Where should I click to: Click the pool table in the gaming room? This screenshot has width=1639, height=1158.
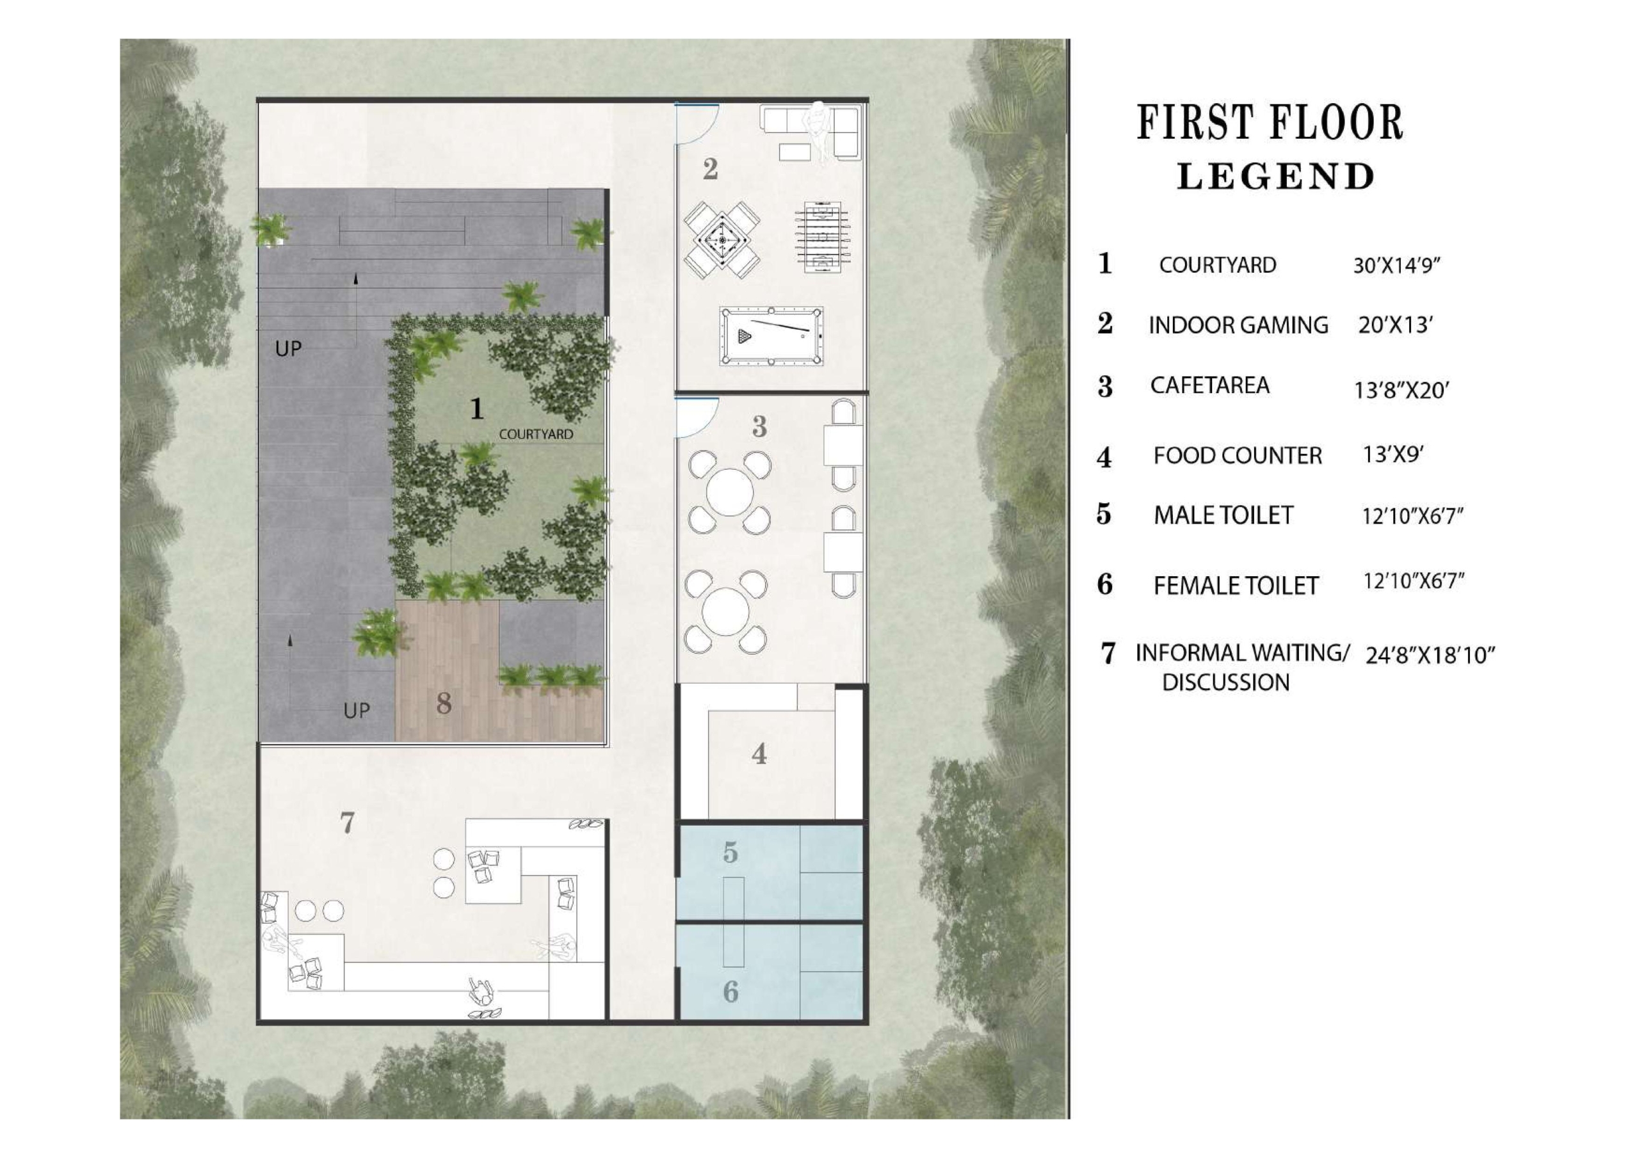771,335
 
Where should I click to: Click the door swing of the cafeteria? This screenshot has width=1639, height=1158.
697,416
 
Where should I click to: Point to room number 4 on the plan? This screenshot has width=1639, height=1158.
759,754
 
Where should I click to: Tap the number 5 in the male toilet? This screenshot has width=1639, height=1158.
730,852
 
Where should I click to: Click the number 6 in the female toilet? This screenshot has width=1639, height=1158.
731,991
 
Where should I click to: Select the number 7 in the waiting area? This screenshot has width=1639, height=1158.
347,823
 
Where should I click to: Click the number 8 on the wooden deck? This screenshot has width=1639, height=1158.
443,704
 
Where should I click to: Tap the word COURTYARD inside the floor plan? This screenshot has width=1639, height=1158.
535,434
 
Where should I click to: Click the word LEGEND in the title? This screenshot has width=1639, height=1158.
1275,176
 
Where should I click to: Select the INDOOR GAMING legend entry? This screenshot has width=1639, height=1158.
1238,326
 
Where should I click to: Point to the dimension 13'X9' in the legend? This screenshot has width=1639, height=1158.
1393,454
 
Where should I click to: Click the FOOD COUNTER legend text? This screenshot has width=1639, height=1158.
1238,456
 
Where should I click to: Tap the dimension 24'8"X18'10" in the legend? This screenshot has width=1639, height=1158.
1430,655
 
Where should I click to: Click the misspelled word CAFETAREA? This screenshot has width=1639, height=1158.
1209,385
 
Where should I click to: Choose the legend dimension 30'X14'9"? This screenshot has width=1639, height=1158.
1397,266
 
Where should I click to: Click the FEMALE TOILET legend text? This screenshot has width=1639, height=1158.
1236,586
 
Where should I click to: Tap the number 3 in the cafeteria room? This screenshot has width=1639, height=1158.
759,427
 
